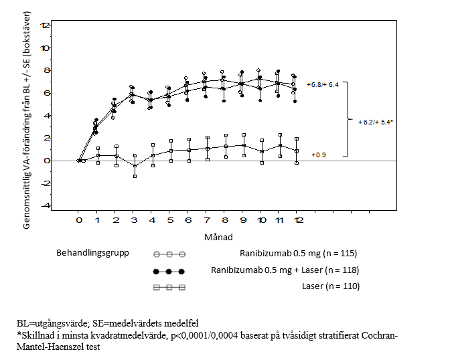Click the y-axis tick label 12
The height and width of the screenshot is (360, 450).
tap(46, 25)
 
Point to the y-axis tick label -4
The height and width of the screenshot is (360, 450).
tap(46, 206)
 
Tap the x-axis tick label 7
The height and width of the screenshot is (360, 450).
tap(206, 219)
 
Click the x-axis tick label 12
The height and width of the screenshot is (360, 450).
tap(297, 219)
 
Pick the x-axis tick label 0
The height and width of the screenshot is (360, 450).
tap(78, 219)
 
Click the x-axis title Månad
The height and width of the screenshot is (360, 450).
tap(219, 237)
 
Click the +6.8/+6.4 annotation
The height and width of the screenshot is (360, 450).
tap(323, 86)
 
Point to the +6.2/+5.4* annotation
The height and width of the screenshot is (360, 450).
tap(374, 122)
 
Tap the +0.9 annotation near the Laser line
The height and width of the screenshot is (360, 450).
tap(319, 155)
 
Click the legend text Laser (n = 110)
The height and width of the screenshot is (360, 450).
tap(331, 286)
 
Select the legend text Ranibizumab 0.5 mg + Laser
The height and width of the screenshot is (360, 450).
tap(285, 270)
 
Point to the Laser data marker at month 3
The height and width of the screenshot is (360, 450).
tap(135, 166)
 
